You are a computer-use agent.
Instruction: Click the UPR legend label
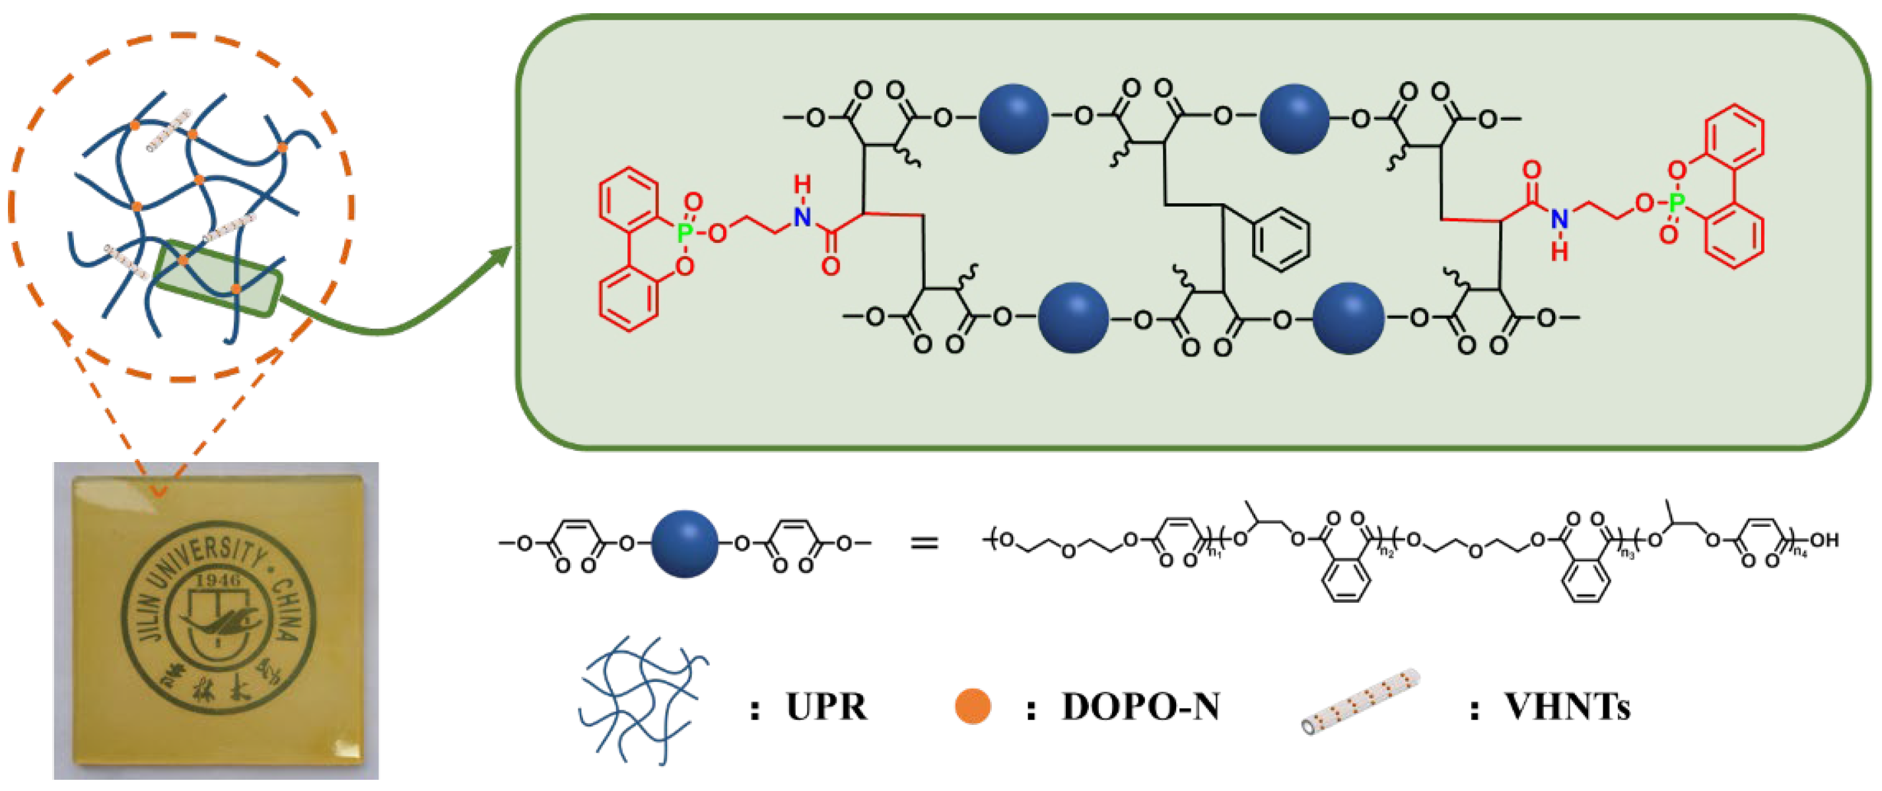[826, 707]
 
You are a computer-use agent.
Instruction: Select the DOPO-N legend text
[1140, 707]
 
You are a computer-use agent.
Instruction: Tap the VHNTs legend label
[1567, 707]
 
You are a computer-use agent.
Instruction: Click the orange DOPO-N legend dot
[973, 706]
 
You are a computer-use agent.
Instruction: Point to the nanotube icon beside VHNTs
[1360, 701]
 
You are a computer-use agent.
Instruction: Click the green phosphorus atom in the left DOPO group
[685, 233]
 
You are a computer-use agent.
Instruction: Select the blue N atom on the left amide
[803, 217]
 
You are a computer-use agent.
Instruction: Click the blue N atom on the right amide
[1559, 219]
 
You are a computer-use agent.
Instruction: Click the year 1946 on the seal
[219, 580]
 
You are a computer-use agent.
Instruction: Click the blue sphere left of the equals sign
[685, 543]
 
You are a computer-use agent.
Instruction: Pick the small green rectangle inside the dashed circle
[219, 277]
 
